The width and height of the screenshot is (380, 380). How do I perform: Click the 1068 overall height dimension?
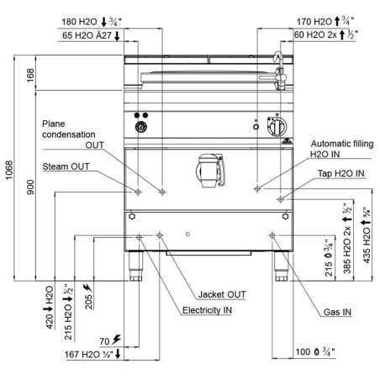(9, 170)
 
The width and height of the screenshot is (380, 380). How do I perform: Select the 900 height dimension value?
(30, 187)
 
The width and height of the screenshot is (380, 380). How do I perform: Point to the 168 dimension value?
(30, 75)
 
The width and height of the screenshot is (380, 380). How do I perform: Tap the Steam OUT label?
(66, 166)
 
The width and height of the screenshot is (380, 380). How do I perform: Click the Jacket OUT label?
(222, 294)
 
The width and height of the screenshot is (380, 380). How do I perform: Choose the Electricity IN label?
(207, 310)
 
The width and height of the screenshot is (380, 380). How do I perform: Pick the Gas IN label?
(337, 312)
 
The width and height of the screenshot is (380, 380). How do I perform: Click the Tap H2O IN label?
(341, 173)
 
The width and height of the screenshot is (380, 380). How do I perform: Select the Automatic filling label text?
(342, 144)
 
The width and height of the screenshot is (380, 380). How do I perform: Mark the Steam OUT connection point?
(138, 192)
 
